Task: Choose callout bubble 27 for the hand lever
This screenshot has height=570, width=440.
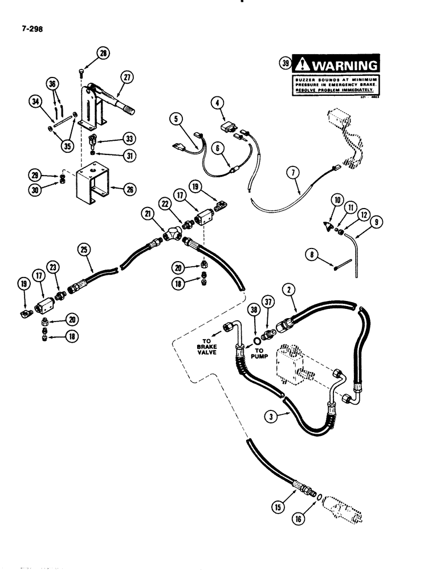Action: tap(127, 77)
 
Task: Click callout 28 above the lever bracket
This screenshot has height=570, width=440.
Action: tap(104, 54)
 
